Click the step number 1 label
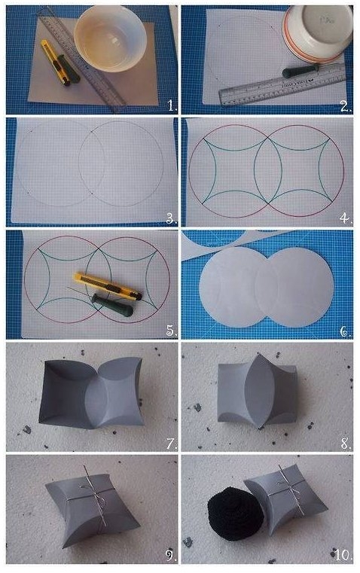tap(172, 105)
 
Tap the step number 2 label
tap(346, 106)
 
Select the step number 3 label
tap(172, 218)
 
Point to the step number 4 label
tap(346, 218)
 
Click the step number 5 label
tap(172, 331)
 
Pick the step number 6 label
tap(346, 331)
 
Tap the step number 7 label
tap(172, 443)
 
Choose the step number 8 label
tap(346, 443)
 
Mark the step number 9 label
tap(172, 556)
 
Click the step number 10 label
tap(343, 556)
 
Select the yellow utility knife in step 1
tap(56, 62)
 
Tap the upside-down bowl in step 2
tap(318, 34)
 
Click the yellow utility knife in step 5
tap(108, 285)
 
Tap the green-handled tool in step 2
tap(301, 71)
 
